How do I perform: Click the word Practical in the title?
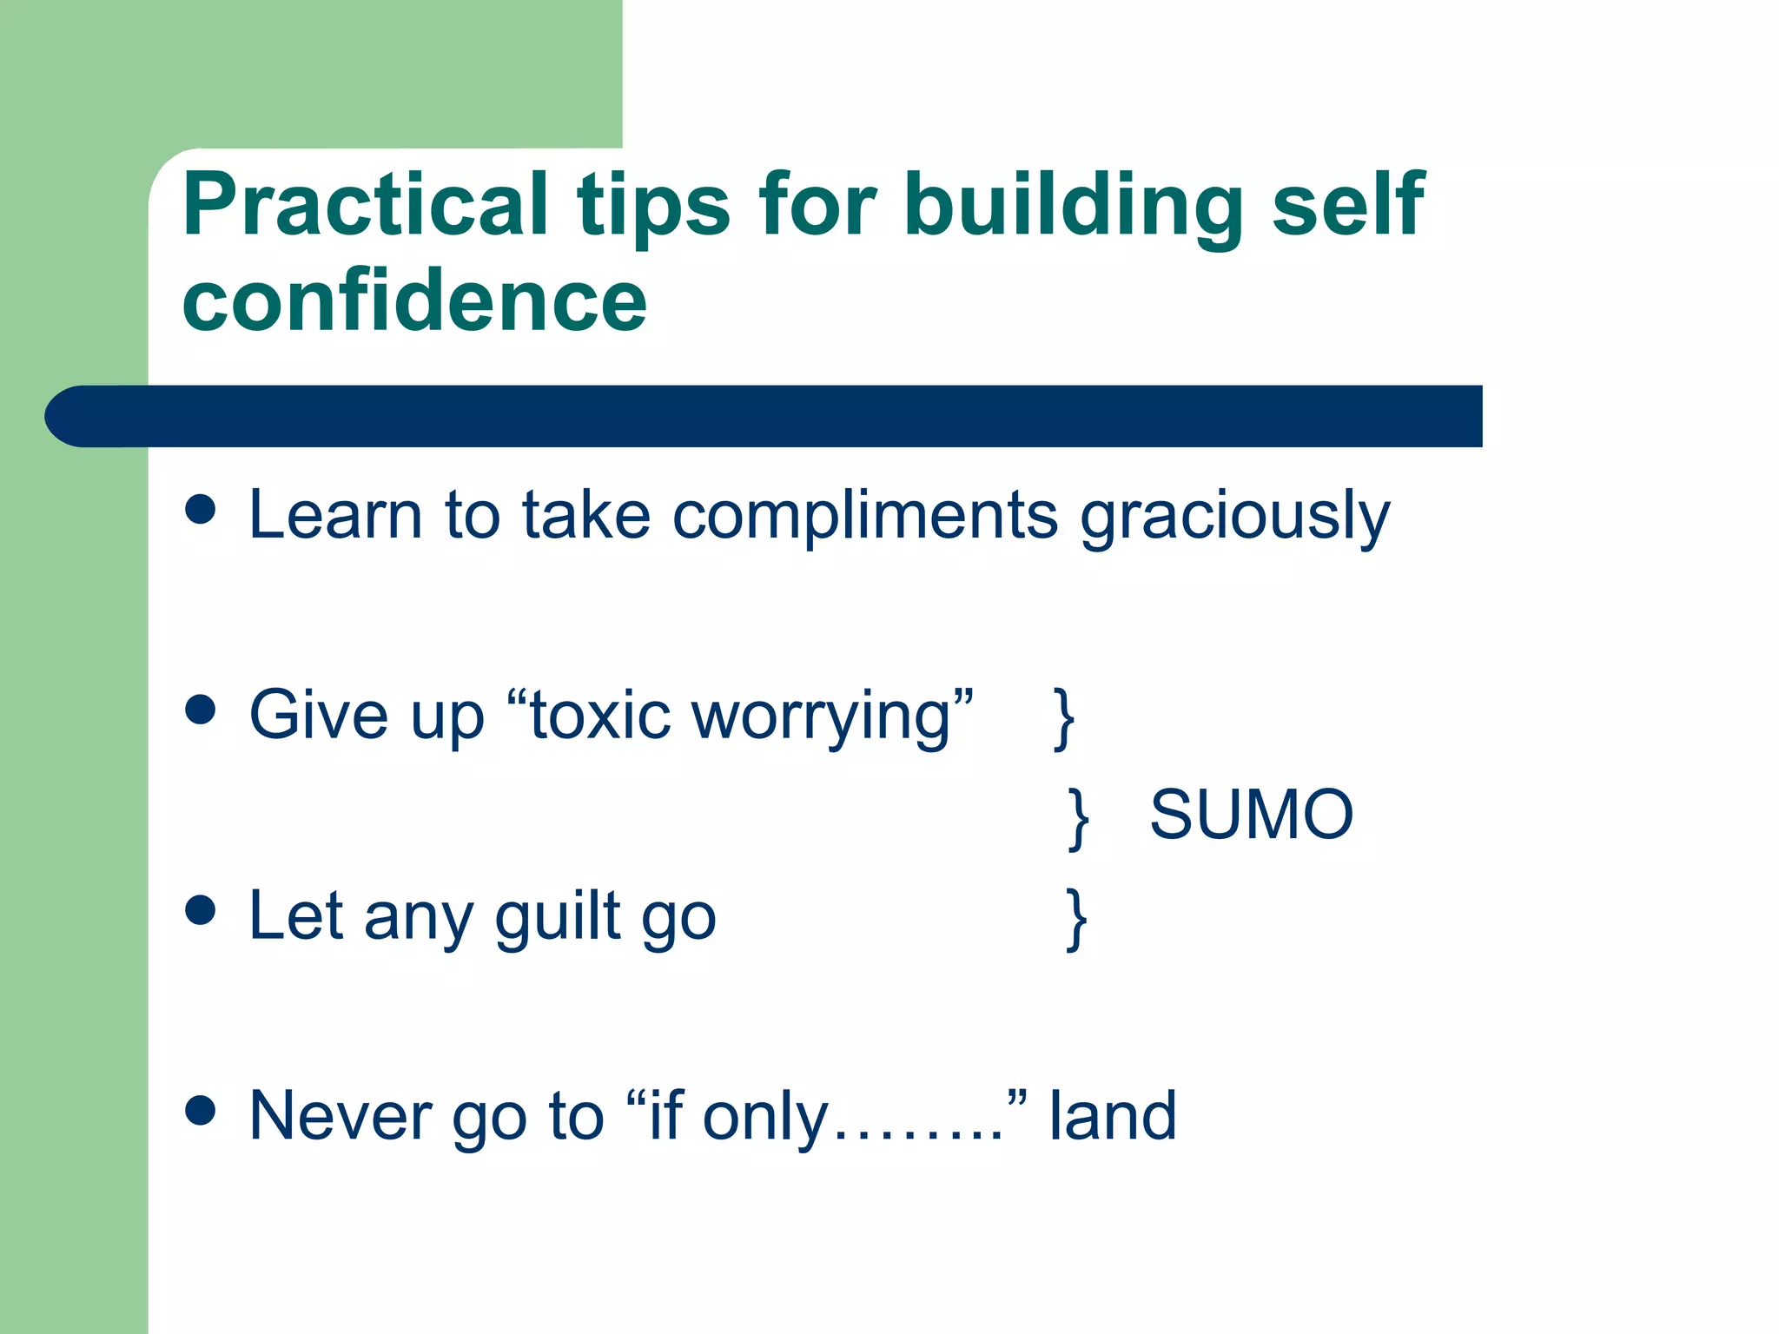click(365, 204)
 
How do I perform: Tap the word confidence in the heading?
click(414, 300)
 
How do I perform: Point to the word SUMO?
click(1251, 815)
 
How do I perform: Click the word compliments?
click(865, 515)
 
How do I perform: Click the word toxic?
click(600, 716)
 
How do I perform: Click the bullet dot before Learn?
click(201, 509)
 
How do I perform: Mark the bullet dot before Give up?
click(201, 710)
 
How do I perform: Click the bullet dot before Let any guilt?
click(201, 910)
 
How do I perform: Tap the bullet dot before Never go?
click(201, 1110)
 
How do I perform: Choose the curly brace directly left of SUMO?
click(1078, 818)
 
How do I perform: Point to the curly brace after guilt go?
click(1076, 919)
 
